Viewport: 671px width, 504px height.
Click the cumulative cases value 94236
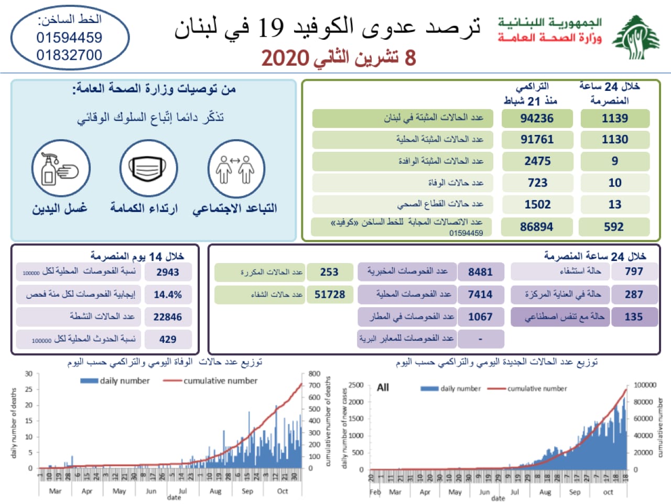pos(537,118)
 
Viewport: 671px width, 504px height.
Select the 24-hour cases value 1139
pos(614,118)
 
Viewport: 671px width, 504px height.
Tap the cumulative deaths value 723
pos(537,183)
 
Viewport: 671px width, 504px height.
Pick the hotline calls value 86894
pos(536,227)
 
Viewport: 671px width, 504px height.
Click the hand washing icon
pos(61,169)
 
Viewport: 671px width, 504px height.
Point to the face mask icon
pos(148,169)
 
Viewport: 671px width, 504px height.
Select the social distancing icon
pos(235,169)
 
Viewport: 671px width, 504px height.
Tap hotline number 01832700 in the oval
pos(69,55)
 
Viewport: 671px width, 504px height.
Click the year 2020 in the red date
pos(285,58)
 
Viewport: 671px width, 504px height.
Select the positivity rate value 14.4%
pos(168,295)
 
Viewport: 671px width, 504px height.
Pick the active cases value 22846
pos(168,317)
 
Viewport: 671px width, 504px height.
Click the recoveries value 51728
pos(330,295)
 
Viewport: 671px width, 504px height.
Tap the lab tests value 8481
pos(480,272)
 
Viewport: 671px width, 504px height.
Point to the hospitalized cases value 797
pos(633,271)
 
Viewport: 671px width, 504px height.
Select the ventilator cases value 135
pos(633,317)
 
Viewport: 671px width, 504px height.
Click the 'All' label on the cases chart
pos(383,387)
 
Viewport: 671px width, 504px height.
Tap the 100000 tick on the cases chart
pos(645,385)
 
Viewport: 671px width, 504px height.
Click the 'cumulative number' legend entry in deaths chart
pos(220,381)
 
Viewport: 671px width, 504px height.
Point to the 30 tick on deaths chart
pos(29,374)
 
